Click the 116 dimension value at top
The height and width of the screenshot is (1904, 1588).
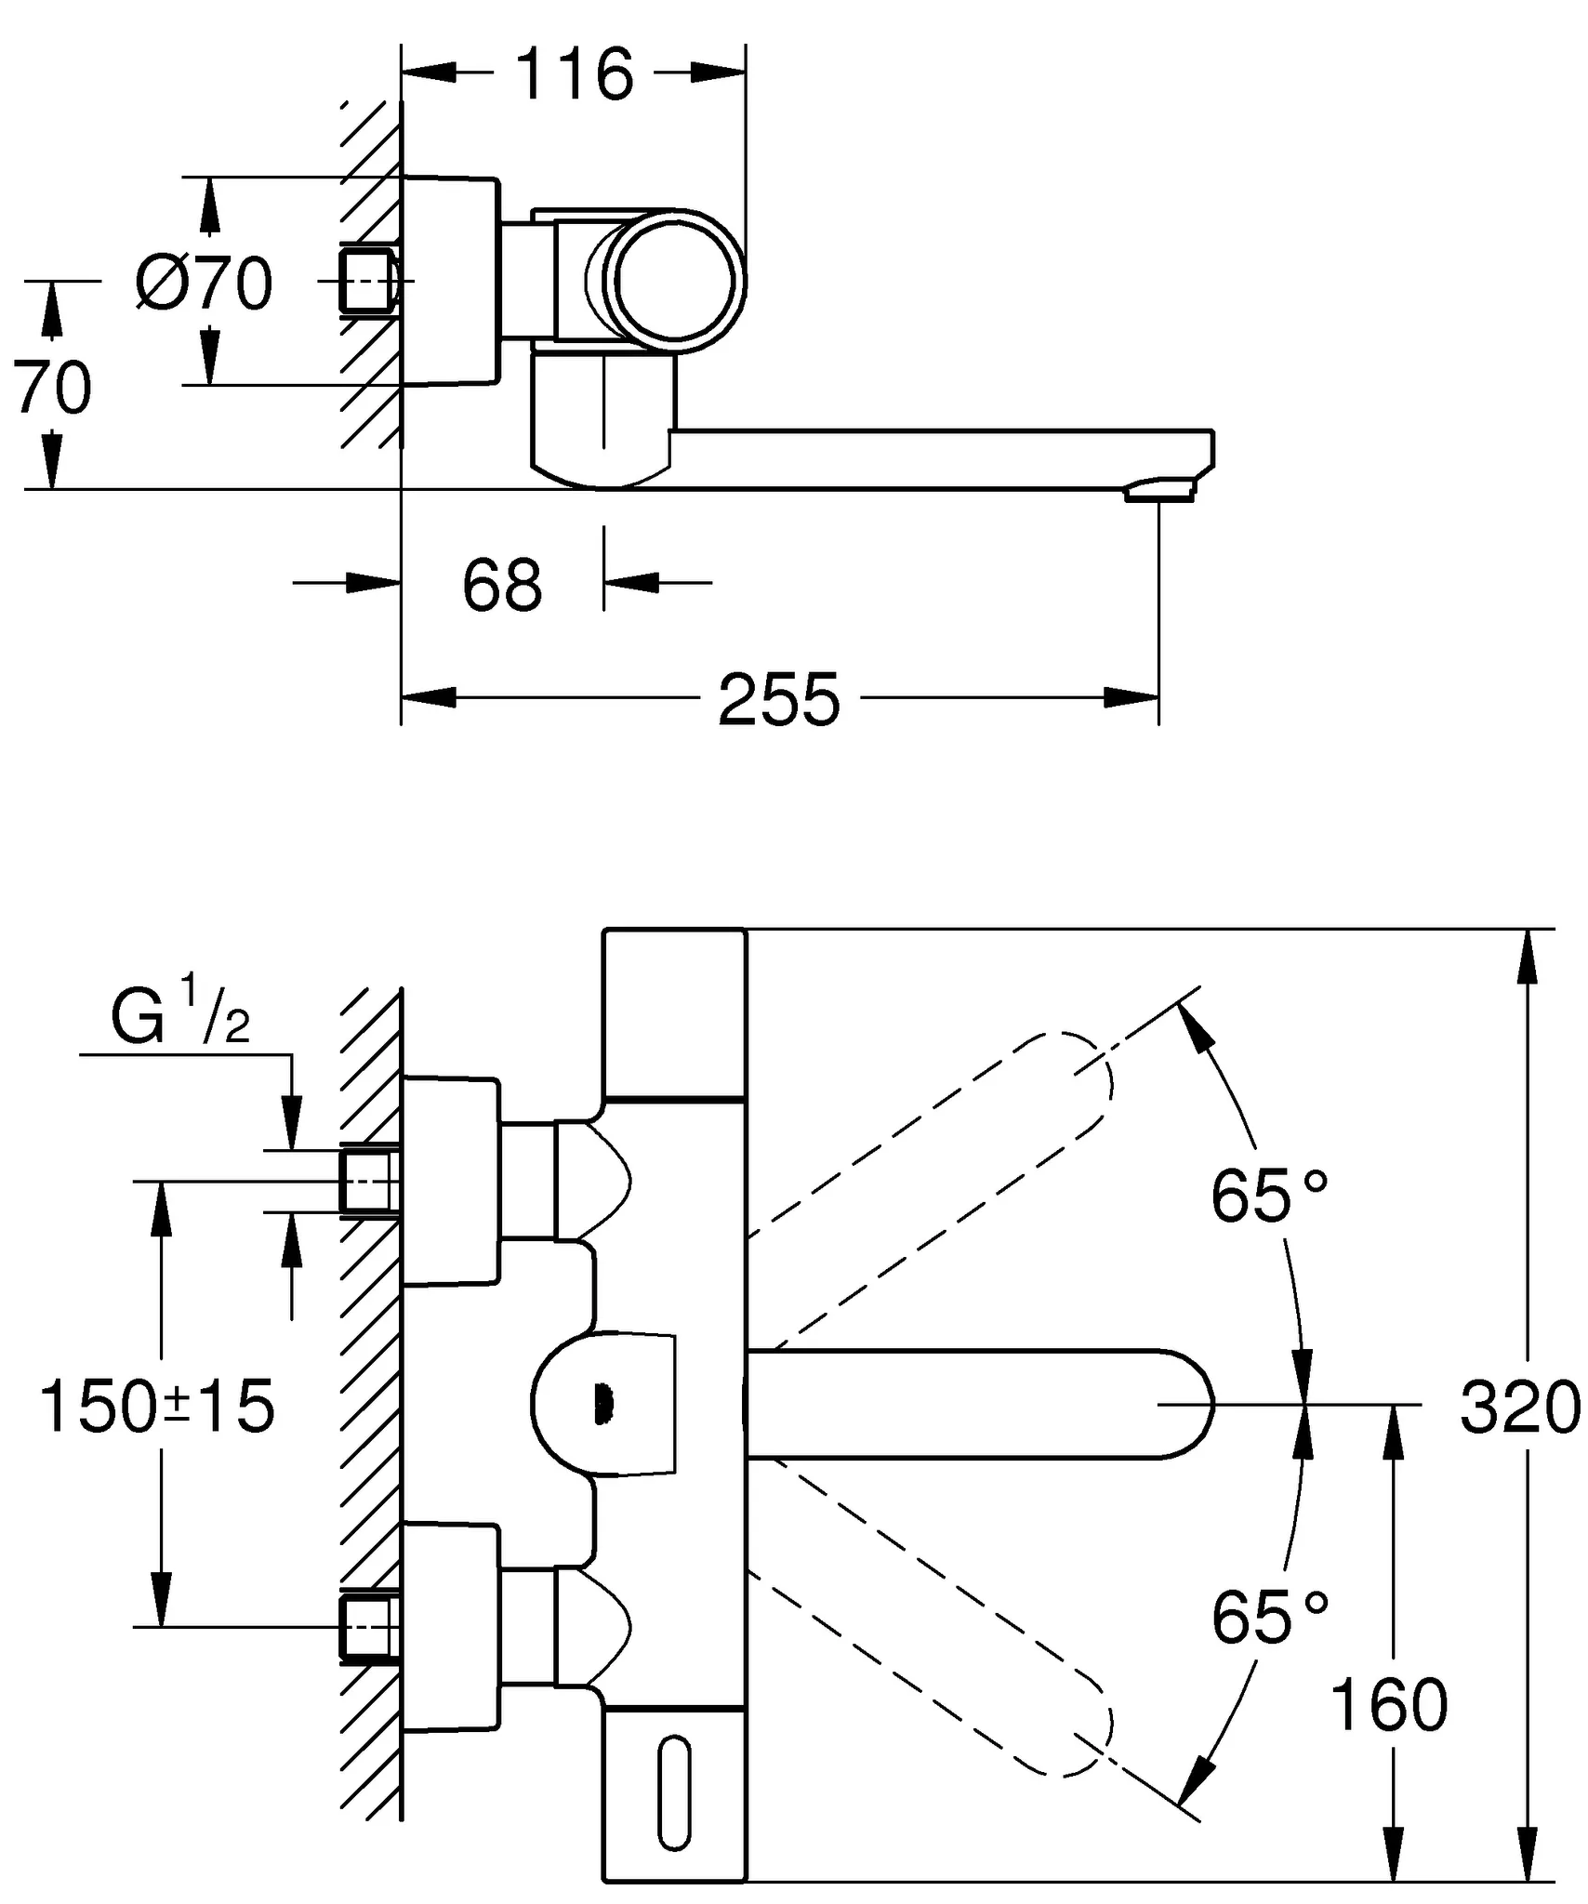[574, 73]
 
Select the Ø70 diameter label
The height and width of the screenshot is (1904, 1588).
[204, 283]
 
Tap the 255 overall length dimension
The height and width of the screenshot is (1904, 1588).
[778, 700]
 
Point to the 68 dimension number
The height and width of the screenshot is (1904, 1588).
[502, 586]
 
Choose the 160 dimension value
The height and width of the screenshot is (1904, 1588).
[1389, 1704]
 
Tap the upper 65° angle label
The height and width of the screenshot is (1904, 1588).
[1269, 1196]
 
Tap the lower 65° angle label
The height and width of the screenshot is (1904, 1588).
[1269, 1617]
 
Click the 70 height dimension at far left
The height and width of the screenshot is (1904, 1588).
[52, 388]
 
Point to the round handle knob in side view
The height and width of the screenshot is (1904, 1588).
[675, 281]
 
